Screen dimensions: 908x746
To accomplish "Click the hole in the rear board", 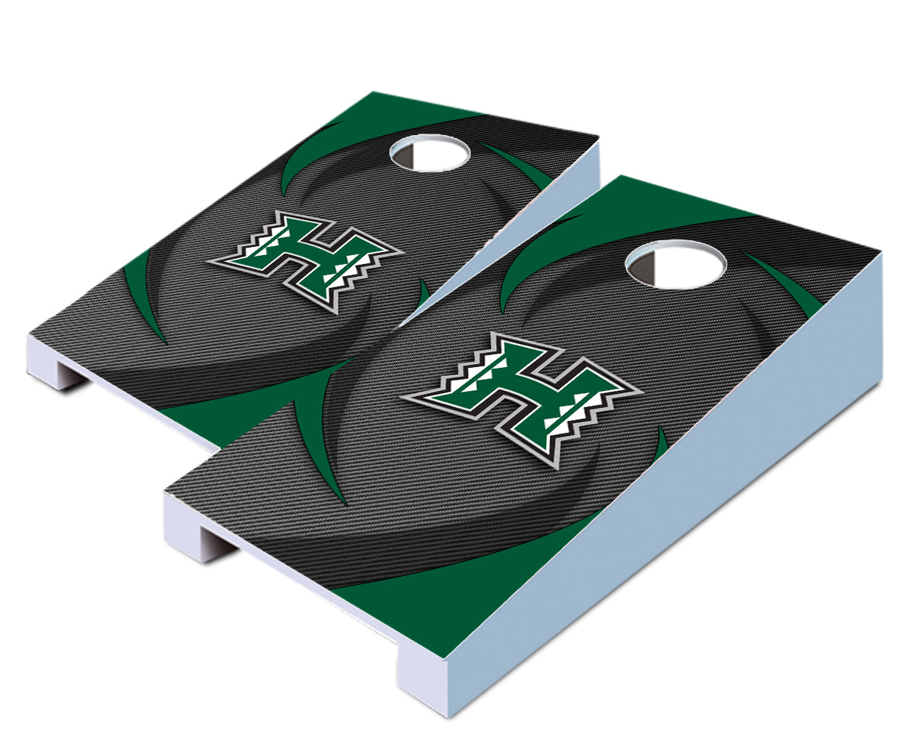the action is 429,153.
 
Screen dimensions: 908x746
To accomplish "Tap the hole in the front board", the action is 675,264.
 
